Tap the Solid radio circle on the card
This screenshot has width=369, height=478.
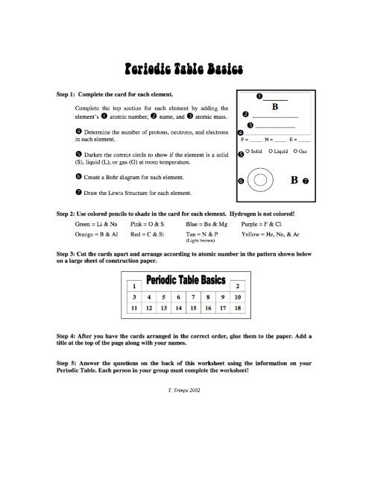coord(248,152)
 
